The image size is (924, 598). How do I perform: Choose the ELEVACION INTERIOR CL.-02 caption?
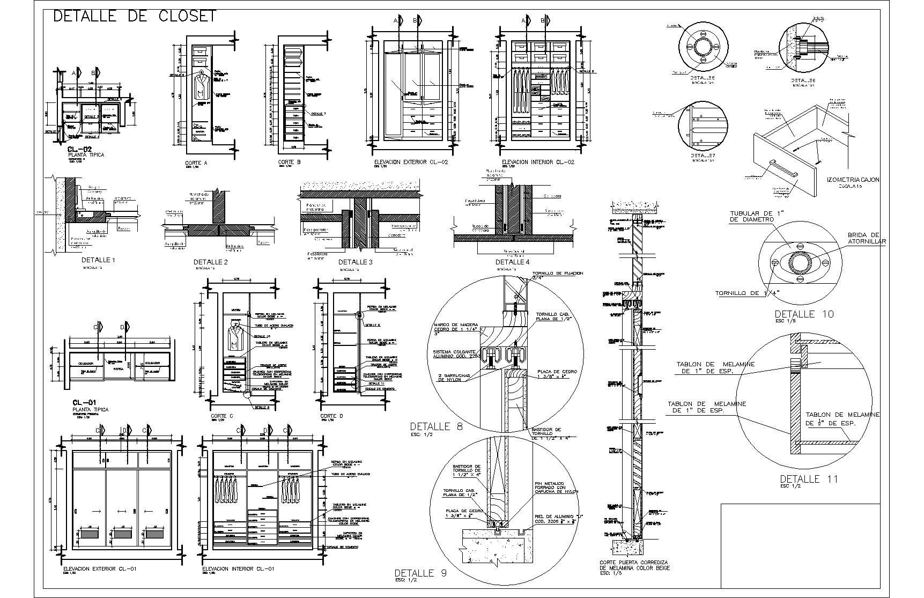click(x=538, y=161)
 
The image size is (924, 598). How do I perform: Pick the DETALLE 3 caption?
click(x=355, y=262)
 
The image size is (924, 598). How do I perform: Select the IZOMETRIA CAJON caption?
click(x=853, y=180)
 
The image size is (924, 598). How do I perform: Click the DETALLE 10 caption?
click(x=804, y=314)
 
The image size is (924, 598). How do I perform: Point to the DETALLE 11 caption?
click(x=808, y=479)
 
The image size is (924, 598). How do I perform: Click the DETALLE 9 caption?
click(x=420, y=573)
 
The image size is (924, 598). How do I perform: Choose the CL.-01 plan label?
click(x=84, y=402)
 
